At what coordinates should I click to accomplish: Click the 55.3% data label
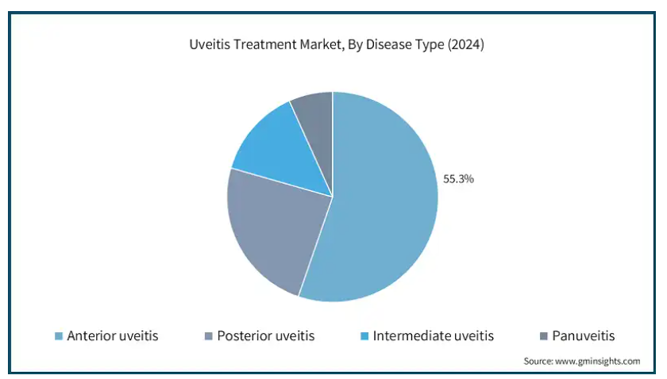(458, 179)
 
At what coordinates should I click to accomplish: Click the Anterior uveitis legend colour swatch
(59, 336)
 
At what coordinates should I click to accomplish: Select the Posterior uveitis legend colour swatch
(208, 336)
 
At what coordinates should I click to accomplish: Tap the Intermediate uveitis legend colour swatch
(364, 336)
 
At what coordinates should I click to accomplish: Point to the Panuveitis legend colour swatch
(544, 336)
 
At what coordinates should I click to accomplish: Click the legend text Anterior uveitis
(113, 336)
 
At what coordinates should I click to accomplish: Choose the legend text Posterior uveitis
(266, 336)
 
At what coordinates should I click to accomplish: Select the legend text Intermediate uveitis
(433, 336)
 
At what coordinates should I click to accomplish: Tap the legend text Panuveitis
(583, 336)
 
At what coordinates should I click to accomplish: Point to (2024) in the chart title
(466, 44)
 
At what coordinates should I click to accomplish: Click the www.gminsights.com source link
(597, 361)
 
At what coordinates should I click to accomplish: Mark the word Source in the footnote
(538, 361)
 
